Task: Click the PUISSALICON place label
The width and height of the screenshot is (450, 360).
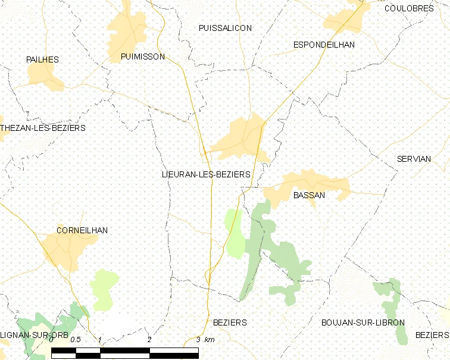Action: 225,28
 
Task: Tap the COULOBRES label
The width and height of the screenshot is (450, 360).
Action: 409,8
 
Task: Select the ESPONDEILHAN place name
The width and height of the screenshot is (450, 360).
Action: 324,45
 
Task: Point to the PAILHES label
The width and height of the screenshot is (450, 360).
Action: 42,60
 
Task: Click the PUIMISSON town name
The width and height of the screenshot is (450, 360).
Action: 142,57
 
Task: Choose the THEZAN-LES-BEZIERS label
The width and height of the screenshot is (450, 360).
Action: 43,128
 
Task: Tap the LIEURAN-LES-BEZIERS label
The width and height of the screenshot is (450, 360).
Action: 206,174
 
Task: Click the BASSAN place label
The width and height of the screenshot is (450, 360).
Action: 309,195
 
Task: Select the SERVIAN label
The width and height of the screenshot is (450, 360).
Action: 414,159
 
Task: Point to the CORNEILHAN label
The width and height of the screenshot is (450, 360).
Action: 82,230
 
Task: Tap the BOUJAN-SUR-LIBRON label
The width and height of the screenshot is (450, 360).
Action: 362,323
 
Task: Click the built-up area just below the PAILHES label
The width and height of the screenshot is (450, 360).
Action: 45,76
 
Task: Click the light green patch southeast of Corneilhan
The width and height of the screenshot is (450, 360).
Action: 104,289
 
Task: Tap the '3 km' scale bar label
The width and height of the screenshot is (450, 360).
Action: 205,340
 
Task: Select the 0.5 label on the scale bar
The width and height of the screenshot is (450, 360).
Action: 75,340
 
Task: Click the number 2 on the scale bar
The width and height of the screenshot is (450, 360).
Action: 149,340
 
